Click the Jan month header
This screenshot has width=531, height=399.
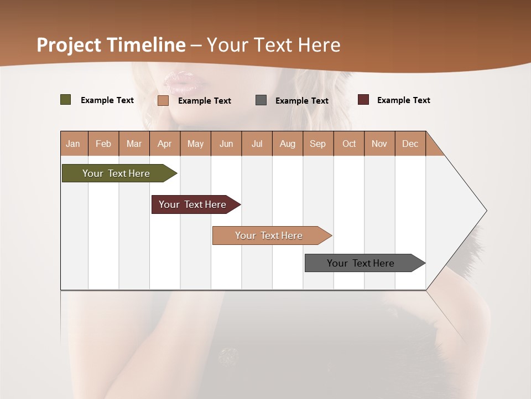[73, 144]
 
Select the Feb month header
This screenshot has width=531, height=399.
[103, 144]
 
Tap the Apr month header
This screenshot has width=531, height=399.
[164, 144]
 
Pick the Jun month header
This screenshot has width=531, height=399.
[226, 144]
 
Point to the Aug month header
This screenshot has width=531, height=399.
[287, 144]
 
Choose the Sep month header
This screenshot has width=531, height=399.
[317, 144]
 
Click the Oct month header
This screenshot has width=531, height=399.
[349, 144]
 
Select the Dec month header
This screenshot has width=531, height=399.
[410, 144]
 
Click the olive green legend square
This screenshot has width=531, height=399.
[66, 100]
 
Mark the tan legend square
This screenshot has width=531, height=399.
[163, 100]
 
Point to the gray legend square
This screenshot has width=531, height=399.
[261, 100]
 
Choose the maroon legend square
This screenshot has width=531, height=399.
[363, 100]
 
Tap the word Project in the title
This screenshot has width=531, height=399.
[69, 45]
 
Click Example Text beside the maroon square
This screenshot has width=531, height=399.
[403, 100]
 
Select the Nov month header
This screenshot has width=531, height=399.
[379, 144]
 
